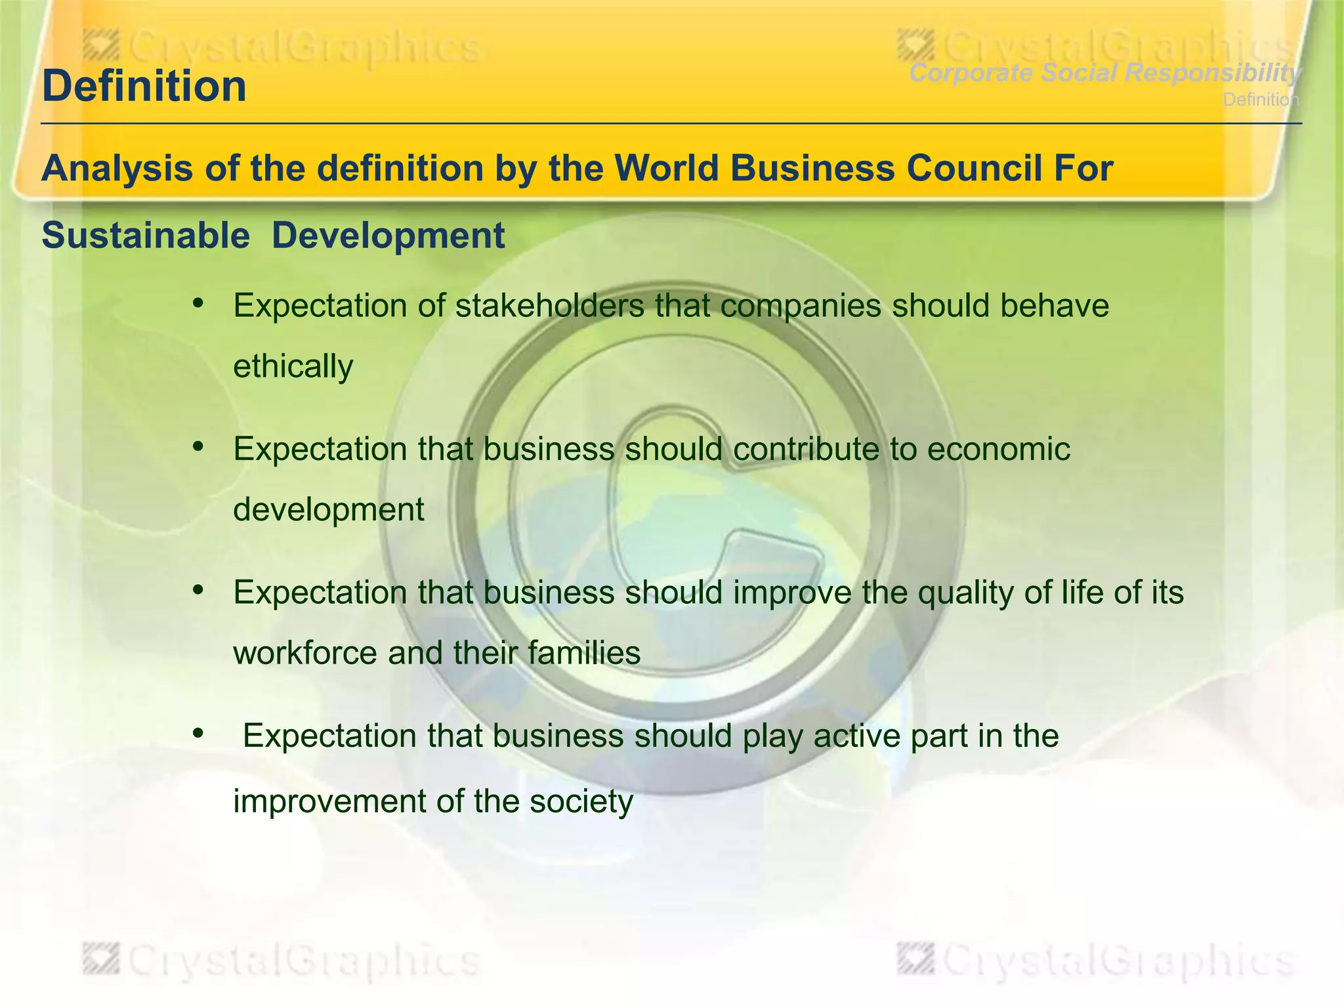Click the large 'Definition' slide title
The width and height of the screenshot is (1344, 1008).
click(x=144, y=86)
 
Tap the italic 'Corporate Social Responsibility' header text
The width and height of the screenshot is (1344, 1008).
click(x=1104, y=73)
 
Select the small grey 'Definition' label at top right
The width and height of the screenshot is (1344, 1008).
click(x=1261, y=100)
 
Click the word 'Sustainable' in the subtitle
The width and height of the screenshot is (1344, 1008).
click(x=145, y=235)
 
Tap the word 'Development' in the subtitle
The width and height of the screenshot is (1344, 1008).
click(x=388, y=235)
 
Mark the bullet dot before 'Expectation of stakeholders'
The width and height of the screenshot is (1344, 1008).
click(x=198, y=303)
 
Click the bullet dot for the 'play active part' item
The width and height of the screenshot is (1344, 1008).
click(x=198, y=734)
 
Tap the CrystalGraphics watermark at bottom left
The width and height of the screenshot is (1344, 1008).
click(x=282, y=961)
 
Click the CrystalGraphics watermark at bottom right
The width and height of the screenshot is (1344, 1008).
click(x=1096, y=961)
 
